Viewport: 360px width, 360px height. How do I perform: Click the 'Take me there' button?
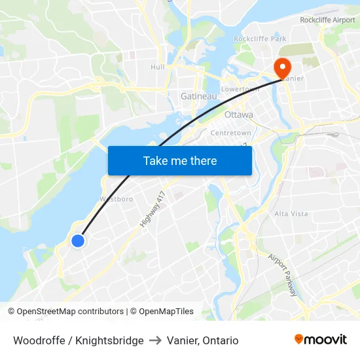pos(180,160)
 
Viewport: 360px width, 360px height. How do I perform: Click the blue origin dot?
pos(77,241)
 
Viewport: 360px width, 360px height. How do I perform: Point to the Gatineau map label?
pos(198,97)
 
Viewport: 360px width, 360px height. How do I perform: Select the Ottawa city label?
pos(238,115)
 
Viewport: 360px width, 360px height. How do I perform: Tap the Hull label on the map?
pos(157,67)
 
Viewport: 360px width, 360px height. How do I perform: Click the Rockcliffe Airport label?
pos(327,20)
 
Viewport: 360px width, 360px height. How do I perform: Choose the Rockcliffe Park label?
pos(261,39)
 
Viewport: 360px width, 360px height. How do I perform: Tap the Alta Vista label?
pos(291,214)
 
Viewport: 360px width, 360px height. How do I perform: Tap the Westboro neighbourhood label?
pos(117,198)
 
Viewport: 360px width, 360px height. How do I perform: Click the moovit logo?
pos(320,339)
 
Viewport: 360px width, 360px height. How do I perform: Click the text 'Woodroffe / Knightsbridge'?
pos(79,340)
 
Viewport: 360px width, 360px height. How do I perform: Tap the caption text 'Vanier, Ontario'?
pos(202,340)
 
